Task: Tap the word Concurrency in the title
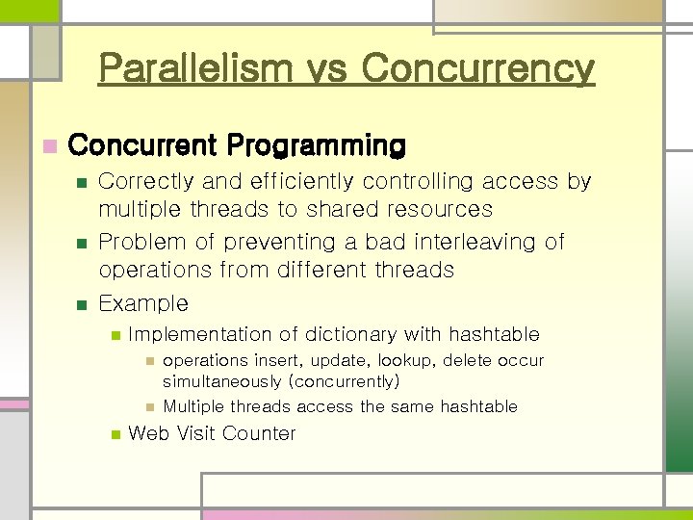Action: tap(478, 68)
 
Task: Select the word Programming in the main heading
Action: tap(317, 146)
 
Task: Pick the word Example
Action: tap(143, 303)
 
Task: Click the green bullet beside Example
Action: tap(82, 304)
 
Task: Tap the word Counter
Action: tap(259, 433)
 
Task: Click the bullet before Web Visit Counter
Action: tap(114, 434)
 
